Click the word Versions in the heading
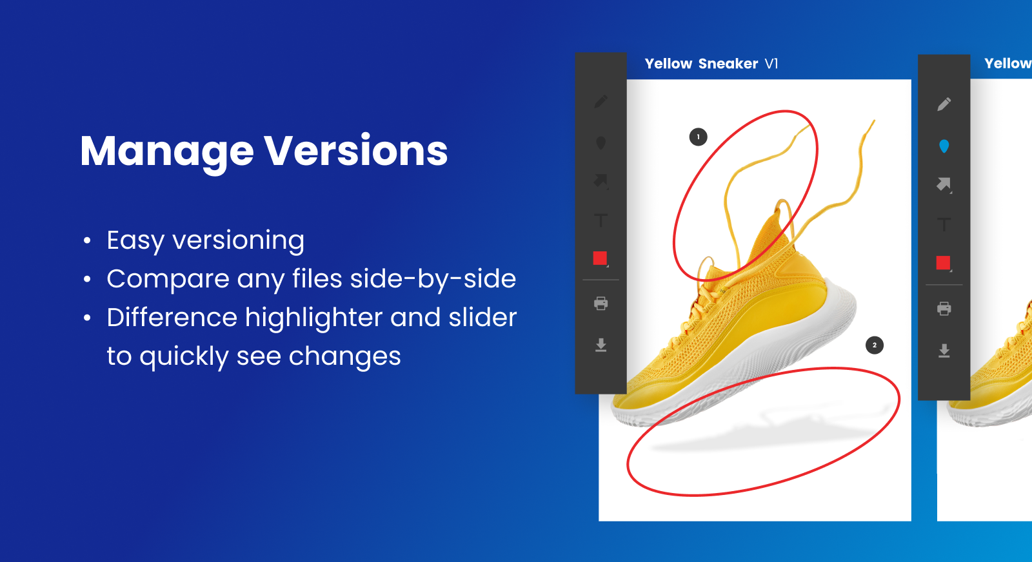(x=355, y=151)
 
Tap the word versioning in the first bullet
(x=238, y=240)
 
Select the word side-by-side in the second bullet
(x=433, y=279)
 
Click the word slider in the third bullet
(x=483, y=317)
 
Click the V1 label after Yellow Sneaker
(x=771, y=64)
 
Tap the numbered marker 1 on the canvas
(x=698, y=137)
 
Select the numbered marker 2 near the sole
(x=875, y=345)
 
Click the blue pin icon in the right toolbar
(x=944, y=146)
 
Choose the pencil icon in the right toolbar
(x=944, y=104)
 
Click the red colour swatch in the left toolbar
(x=600, y=258)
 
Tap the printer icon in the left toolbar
(x=600, y=304)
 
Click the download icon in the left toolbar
(x=600, y=345)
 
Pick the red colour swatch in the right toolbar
(x=943, y=263)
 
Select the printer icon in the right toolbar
(x=944, y=308)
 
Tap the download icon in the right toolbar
(x=944, y=350)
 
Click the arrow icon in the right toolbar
(x=944, y=184)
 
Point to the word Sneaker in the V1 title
(x=728, y=64)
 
